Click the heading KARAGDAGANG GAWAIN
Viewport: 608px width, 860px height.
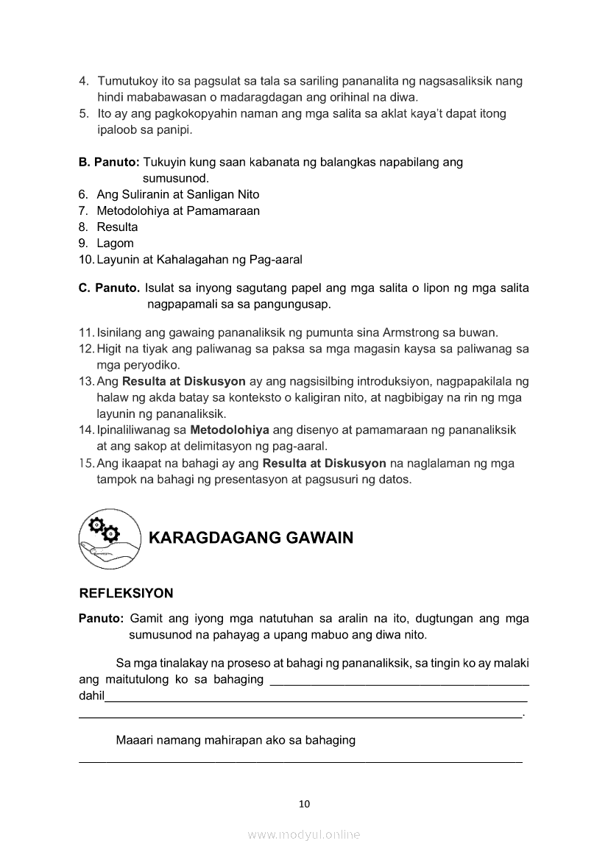pos(251,538)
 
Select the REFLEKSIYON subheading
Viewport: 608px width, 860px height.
pos(126,593)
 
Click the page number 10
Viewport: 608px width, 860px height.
pos(304,803)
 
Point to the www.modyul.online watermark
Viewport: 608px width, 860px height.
pos(304,835)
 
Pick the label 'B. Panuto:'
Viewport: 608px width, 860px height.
pos(109,162)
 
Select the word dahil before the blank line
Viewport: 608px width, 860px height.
pos(91,696)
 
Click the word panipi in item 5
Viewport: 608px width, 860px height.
pos(174,129)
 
